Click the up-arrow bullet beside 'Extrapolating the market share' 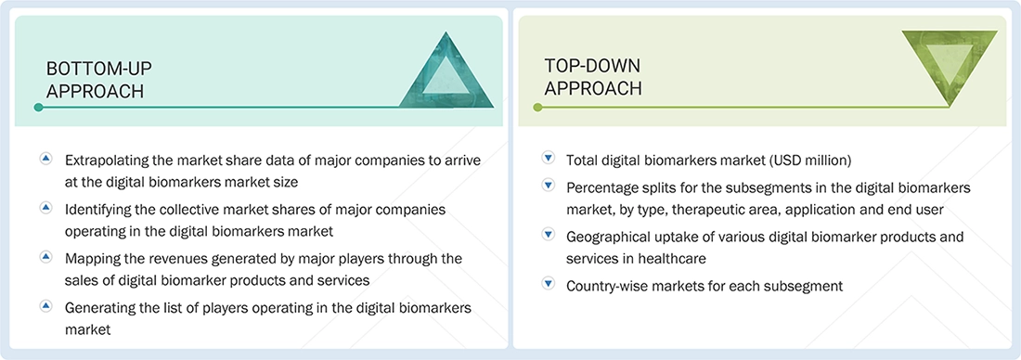[45, 160]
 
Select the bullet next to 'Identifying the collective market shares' [45, 210]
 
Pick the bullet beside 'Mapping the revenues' [45, 257]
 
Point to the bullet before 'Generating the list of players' [45, 305]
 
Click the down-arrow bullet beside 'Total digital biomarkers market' [548, 160]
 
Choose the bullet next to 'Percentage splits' [548, 187]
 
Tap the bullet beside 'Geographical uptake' [548, 236]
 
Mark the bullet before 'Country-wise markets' [548, 285]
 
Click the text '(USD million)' [810, 160]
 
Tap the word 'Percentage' [601, 187]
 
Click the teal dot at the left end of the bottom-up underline [38, 108]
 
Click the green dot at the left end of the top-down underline [537, 108]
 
